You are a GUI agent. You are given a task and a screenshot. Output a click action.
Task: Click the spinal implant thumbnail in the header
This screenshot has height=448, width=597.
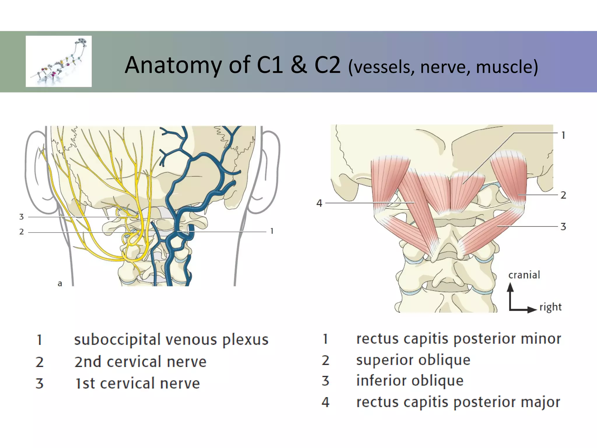click(x=59, y=61)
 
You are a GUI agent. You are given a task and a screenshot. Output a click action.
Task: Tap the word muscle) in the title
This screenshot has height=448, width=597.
click(x=507, y=67)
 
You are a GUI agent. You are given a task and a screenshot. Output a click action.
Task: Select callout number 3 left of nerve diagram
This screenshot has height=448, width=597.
click(x=21, y=217)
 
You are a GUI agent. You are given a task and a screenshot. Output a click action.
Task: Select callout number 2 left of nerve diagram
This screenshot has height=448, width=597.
click(x=21, y=232)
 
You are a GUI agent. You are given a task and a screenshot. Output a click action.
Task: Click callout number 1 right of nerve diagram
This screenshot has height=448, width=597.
click(x=272, y=231)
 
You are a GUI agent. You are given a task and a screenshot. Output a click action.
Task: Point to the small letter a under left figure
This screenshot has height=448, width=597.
click(x=60, y=283)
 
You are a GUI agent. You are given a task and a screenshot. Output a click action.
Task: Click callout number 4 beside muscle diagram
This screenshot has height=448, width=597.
click(x=319, y=203)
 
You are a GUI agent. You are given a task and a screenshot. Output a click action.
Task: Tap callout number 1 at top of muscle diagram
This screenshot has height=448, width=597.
click(x=563, y=135)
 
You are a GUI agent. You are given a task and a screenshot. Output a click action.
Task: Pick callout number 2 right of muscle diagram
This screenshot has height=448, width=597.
click(x=563, y=195)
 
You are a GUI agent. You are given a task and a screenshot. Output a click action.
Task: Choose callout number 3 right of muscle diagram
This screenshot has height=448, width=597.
click(x=563, y=227)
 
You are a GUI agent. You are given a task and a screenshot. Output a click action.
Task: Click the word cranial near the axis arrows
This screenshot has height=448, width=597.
click(x=524, y=275)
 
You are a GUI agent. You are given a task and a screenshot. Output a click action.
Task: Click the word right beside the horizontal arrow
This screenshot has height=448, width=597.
click(x=550, y=307)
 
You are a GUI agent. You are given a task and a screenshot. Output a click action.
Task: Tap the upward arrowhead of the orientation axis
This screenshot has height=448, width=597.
click(x=510, y=287)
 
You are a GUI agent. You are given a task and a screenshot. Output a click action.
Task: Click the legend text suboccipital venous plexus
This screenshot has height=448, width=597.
click(x=171, y=340)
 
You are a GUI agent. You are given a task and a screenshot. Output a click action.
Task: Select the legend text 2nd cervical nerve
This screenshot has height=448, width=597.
click(x=140, y=362)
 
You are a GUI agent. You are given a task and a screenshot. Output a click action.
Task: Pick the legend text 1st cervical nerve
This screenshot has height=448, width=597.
click(x=137, y=384)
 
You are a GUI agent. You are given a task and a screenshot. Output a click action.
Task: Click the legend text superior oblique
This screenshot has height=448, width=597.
click(x=413, y=360)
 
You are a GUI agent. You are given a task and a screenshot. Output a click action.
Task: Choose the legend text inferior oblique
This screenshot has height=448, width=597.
click(x=410, y=381)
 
